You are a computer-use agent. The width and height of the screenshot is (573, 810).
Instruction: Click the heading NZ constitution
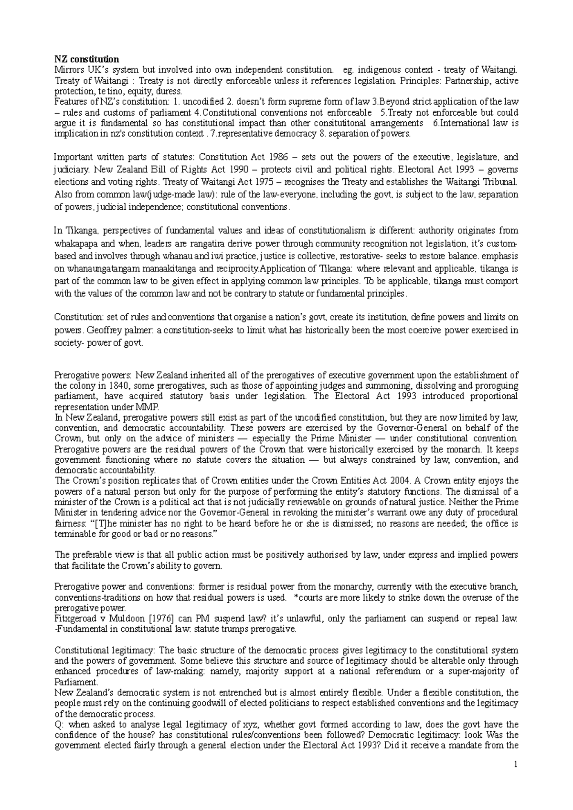86,60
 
